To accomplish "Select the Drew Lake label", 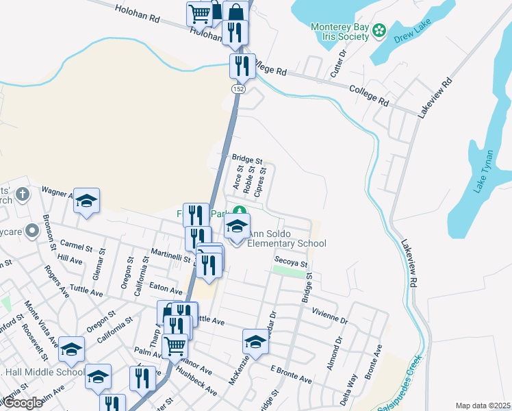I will tap(411, 40).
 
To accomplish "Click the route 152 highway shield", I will tap(238, 90).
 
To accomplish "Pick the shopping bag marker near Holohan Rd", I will tap(235, 12).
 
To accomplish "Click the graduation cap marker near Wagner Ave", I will tap(87, 200).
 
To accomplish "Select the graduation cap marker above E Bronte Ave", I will tap(255, 341).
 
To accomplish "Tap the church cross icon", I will tap(23, 195).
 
